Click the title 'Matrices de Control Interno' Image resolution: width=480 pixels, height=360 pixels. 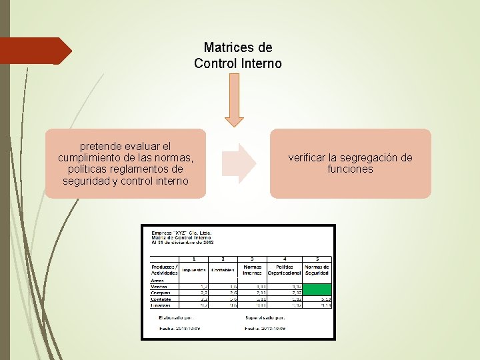tap(238, 56)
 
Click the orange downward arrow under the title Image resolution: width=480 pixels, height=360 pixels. tap(234, 100)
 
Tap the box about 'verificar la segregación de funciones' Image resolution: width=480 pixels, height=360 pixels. tap(350, 163)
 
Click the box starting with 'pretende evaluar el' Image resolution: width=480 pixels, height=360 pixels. tap(125, 163)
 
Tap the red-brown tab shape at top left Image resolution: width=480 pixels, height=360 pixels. tap(36, 51)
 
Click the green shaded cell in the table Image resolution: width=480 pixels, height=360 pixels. tap(317, 289)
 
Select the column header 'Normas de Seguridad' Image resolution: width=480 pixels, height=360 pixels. tap(317, 269)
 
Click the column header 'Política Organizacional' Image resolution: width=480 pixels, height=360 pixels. tap(285, 269)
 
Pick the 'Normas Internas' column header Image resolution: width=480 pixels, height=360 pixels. tap(252, 269)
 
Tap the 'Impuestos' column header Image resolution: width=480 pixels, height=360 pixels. tap(195, 270)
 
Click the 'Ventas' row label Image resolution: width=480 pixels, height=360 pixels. tap(159, 287)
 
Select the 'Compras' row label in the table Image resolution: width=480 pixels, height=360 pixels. tap(161, 293)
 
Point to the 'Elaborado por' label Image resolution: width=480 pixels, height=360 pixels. tap(175, 318)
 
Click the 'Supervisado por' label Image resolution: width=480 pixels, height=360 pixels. tap(265, 318)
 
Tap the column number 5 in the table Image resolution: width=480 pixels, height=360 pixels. tap(317, 259)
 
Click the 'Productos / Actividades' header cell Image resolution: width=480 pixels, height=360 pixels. tap(164, 269)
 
